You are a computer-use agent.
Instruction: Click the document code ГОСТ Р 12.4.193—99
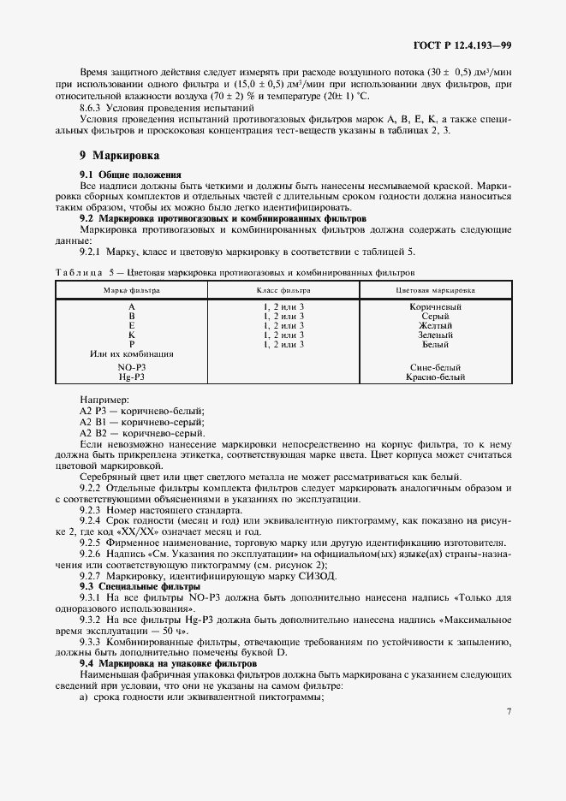click(461, 43)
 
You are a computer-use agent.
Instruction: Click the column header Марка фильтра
click(131, 290)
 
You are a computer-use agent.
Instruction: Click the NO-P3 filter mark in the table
click(131, 366)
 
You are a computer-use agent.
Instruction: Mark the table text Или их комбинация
click(131, 353)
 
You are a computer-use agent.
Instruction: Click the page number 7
click(508, 710)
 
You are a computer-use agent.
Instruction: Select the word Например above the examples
click(104, 400)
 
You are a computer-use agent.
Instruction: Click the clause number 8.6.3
click(91, 109)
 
